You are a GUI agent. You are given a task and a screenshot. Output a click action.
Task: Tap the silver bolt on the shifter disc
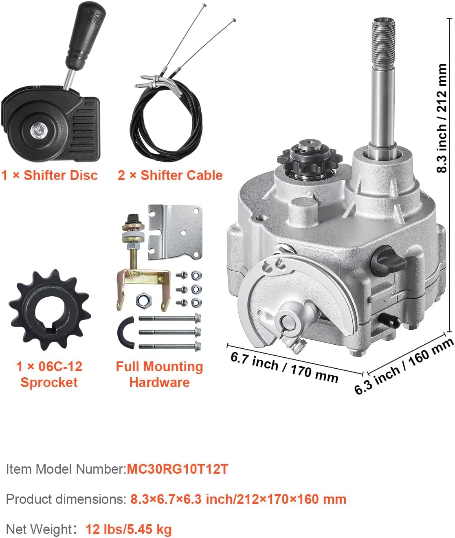(37, 131)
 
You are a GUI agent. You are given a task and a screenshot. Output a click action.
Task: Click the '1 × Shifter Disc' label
(49, 175)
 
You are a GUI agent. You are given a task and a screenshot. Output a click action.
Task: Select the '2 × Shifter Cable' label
(170, 175)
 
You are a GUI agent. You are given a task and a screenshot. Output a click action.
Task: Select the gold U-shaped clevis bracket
(143, 281)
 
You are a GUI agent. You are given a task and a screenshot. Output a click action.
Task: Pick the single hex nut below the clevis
(143, 301)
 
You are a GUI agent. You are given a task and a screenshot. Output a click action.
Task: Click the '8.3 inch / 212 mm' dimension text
(442, 118)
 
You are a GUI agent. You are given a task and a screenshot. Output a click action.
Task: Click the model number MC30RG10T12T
(177, 469)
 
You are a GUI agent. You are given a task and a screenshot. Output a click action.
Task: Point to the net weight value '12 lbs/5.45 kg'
(128, 529)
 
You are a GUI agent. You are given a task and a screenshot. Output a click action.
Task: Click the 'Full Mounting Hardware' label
(159, 374)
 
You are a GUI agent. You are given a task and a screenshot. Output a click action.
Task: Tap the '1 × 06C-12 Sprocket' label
(49, 374)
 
